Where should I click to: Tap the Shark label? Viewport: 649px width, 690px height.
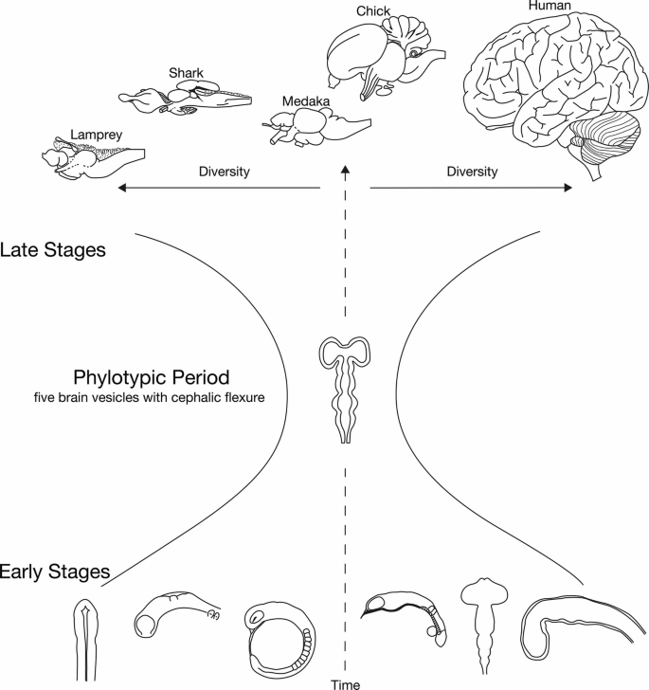186,73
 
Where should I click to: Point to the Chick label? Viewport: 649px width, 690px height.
373,11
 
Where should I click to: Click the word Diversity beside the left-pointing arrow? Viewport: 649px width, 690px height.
225,172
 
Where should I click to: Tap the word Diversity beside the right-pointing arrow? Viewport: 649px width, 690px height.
471,172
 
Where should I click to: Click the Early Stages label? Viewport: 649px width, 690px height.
56,572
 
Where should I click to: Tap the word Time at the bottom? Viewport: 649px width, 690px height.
345,683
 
